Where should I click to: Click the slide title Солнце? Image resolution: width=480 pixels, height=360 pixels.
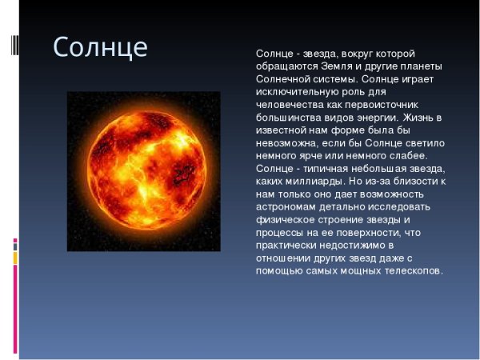[x=100, y=47]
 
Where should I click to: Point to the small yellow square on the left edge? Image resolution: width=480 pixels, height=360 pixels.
[x=14, y=258]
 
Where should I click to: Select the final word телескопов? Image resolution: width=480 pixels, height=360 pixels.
[x=408, y=271]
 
